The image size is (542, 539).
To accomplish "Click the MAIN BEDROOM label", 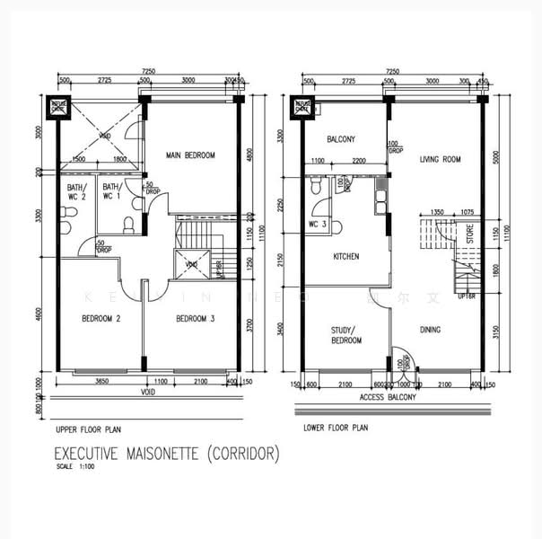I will tap(190, 155).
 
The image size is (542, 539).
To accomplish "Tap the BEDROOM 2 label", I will tap(101, 319).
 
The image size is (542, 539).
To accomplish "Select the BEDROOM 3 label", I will tap(195, 319).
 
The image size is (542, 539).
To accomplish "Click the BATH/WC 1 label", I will tap(111, 192).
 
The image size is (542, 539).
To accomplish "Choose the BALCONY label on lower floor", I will tap(341, 139).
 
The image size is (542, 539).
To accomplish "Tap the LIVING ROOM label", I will tap(439, 160).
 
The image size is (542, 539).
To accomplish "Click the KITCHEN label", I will tap(345, 257).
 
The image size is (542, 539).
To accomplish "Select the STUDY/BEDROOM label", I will tap(345, 336).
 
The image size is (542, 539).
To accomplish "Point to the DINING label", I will tap(430, 330).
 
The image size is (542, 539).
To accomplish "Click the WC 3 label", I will tap(318, 225).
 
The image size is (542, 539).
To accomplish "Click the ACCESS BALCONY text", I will tap(389, 395).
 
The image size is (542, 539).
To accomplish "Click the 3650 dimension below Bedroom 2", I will tap(101, 382).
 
